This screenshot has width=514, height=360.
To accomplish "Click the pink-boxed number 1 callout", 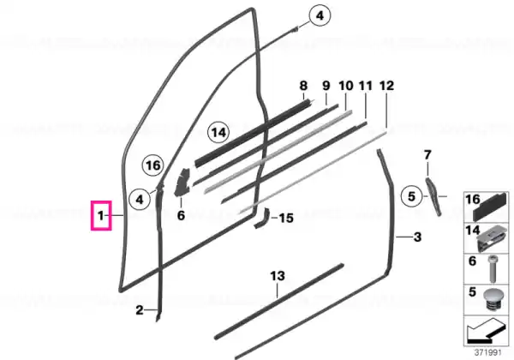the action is click(x=101, y=216).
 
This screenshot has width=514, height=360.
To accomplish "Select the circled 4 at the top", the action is click(x=320, y=15).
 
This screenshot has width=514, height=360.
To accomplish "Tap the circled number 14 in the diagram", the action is click(x=218, y=133).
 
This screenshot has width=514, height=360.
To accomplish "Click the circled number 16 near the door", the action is click(x=153, y=165).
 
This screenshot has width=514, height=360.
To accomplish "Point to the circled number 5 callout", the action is click(x=412, y=196).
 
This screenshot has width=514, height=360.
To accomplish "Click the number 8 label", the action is click(x=303, y=86).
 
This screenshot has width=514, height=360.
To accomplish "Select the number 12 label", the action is click(x=386, y=86).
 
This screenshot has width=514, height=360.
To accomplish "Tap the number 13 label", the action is click(x=278, y=276).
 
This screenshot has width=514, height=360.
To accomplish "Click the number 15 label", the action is click(x=286, y=218).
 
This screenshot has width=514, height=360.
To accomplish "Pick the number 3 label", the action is click(x=417, y=237).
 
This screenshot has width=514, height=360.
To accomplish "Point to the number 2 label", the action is click(x=140, y=309).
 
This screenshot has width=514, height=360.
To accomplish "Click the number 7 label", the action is click(x=427, y=155).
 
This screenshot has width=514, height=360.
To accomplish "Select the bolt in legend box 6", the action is click(x=493, y=269).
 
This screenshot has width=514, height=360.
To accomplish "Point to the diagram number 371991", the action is click(x=488, y=353).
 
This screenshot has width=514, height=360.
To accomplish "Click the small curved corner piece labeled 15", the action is click(x=261, y=218).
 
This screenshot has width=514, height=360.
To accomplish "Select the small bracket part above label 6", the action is click(x=182, y=182).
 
